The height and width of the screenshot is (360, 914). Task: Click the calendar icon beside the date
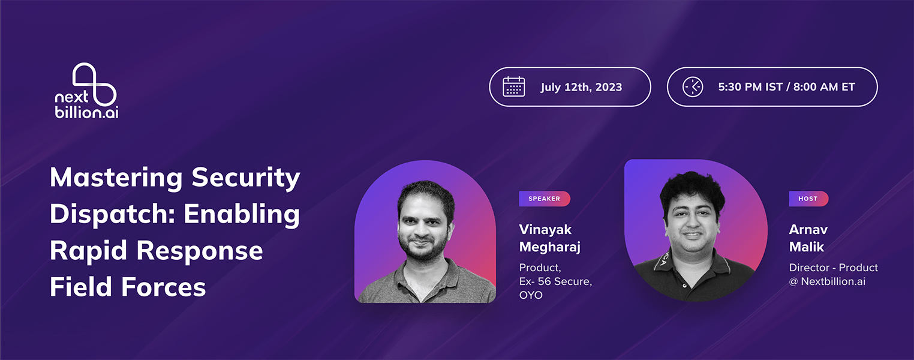tap(514, 86)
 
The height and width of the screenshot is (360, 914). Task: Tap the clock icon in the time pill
tap(693, 87)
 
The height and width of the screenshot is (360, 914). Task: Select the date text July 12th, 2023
tap(581, 88)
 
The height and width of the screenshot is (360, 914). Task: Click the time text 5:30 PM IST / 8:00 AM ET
tap(786, 87)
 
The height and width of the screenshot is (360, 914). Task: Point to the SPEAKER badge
tap(545, 199)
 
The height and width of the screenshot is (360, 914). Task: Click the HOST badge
tap(808, 199)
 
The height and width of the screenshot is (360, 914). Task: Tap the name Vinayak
tap(545, 230)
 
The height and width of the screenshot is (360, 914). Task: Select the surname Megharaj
tap(549, 247)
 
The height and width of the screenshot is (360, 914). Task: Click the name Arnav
tap(808, 229)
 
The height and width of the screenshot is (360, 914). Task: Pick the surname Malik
tap(806, 247)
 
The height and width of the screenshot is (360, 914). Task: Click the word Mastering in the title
tap(116, 178)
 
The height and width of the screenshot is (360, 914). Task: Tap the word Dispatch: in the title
tap(113, 214)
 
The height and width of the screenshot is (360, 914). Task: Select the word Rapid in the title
tap(88, 251)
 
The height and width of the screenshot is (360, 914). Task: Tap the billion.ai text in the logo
tap(86, 112)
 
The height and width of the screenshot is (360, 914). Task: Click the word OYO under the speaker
tap(530, 295)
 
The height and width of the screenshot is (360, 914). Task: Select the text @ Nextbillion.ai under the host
tap(827, 281)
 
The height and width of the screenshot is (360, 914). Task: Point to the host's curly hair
tap(693, 190)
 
